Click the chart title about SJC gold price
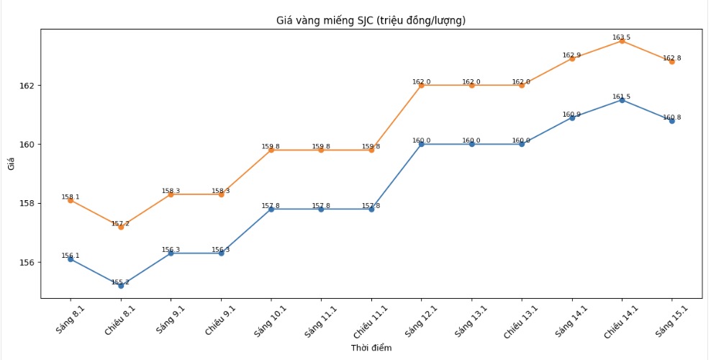pos(371,20)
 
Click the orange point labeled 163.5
pos(622,41)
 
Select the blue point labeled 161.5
pos(622,100)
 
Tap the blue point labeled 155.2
pos(121,286)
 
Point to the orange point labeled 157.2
pos(121,227)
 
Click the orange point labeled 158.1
pos(71,200)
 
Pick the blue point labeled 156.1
pos(71,259)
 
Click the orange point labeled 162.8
pos(671,62)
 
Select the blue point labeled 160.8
pos(671,121)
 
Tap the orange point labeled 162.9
pos(571,58)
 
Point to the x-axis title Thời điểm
pos(371,348)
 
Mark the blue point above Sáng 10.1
pos(271,209)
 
